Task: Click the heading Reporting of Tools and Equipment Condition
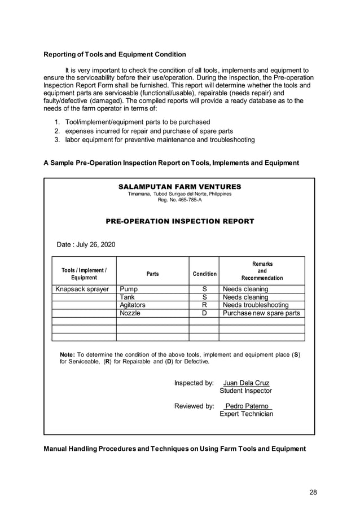[x=115, y=55]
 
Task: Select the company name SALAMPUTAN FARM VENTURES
[x=179, y=187]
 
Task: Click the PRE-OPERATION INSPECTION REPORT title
[x=179, y=222]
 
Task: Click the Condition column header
[x=204, y=274]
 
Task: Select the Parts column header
[x=152, y=274]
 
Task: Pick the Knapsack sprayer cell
[x=82, y=289]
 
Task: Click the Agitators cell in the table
[x=133, y=305]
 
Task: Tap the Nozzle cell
[x=130, y=313]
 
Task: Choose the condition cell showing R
[x=204, y=305]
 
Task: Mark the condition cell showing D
[x=204, y=313]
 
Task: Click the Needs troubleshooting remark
[x=256, y=305]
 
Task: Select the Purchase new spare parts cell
[x=261, y=313]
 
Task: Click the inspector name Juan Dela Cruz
[x=247, y=383]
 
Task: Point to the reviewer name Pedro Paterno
[x=247, y=406]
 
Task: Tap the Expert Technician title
[x=246, y=414]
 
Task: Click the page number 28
[x=313, y=492]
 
